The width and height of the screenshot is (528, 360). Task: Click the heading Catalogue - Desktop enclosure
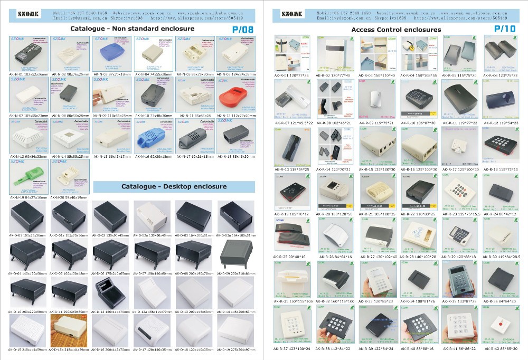click(x=174, y=186)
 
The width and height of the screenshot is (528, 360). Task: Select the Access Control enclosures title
click(x=396, y=30)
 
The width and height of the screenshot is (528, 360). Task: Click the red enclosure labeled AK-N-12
click(x=235, y=97)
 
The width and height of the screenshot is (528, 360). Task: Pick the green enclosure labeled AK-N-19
click(x=27, y=177)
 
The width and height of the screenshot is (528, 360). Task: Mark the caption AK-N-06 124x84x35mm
click(x=235, y=75)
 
